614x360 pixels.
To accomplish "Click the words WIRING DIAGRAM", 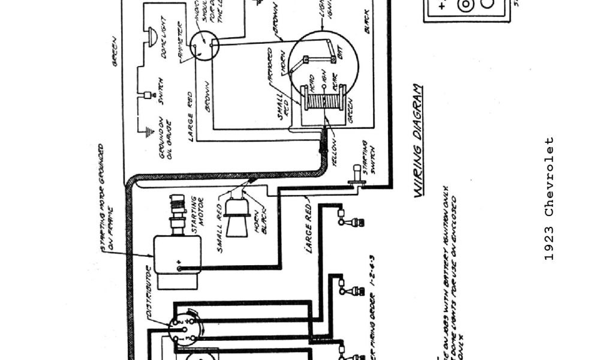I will (x=420, y=140).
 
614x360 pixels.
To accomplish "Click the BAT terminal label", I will (x=340, y=56).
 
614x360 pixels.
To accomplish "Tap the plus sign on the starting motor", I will (x=179, y=262).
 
